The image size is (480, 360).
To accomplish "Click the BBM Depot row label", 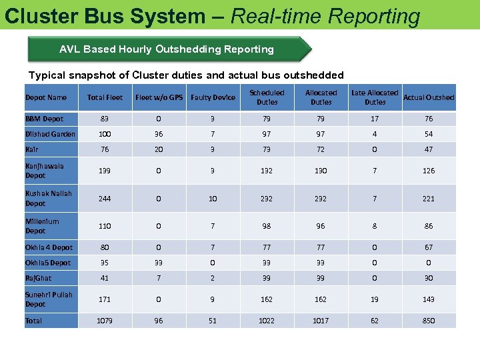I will pos(45,119).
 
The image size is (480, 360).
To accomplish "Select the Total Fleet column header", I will pos(105,98).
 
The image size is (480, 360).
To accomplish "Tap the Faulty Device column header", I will pos(213,98).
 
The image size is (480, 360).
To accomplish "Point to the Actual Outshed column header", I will pos(429,98).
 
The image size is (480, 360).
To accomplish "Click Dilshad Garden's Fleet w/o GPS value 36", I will pos(159,134).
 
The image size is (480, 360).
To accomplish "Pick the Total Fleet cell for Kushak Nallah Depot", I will pos(105,198).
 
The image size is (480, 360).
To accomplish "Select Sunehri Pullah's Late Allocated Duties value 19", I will pos(375,299).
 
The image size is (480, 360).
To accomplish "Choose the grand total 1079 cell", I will pos(105,321).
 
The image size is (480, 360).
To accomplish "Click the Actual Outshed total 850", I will pos(429,321).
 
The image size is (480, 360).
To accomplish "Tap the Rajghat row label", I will pos(39,278).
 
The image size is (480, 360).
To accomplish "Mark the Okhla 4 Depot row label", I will pos(49,247).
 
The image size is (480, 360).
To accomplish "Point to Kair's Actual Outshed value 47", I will pos(429,150).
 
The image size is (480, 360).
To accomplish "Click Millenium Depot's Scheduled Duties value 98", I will pos(267,226).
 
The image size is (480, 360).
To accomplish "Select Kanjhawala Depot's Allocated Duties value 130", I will pos(321,171).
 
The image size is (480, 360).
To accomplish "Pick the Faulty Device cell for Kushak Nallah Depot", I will pos(213,198).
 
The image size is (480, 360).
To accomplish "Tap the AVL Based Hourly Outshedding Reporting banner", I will pos(167,49).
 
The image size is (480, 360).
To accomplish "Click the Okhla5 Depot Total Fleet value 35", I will pos(105,263).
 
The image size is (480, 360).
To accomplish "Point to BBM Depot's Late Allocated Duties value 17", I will pos(375,119).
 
